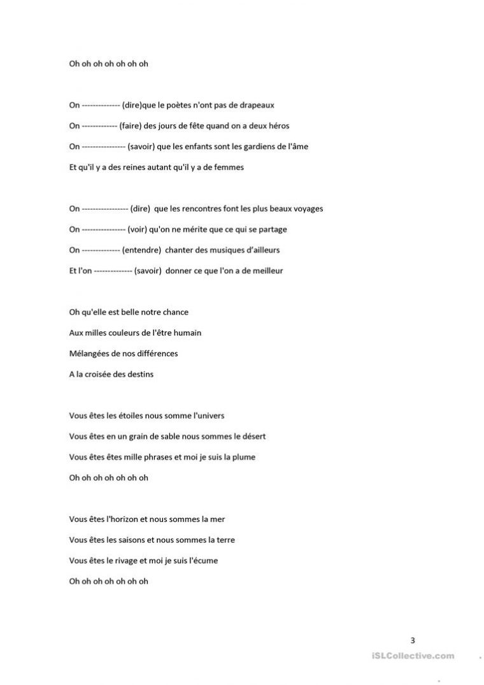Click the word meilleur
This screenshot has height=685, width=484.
point(266,270)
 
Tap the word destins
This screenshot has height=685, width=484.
point(140,374)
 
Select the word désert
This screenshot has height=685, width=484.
point(252,436)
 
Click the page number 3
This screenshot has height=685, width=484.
point(413,640)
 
